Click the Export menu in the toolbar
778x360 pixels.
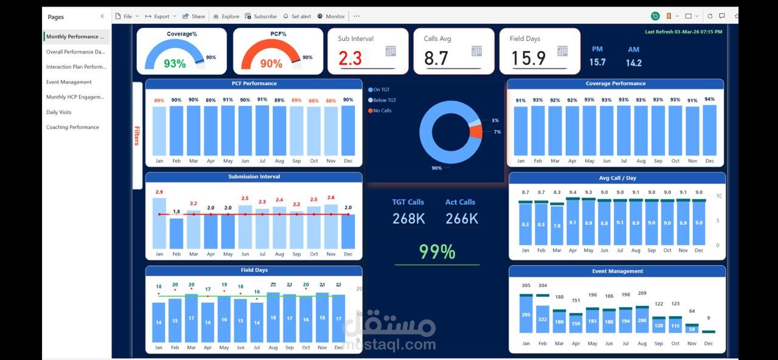click(x=161, y=16)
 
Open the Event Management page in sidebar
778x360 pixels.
click(x=69, y=82)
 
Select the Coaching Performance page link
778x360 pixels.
click(x=72, y=128)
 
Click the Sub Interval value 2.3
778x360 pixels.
click(x=350, y=58)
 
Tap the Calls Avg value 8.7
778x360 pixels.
click(x=436, y=58)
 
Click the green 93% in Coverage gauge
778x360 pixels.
click(x=174, y=63)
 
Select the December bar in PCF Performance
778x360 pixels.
click(x=348, y=131)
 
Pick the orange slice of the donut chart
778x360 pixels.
click(x=477, y=131)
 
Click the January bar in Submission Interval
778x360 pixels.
click(x=159, y=223)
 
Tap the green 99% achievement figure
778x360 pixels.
click(x=437, y=251)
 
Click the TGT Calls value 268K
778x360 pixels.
click(x=408, y=219)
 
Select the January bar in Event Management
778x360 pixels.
click(x=526, y=314)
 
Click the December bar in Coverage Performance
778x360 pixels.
click(x=709, y=131)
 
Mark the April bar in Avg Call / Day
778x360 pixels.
click(x=573, y=223)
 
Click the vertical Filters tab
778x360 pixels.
click(x=137, y=136)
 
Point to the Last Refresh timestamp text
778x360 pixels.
click(x=683, y=32)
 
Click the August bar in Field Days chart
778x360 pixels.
click(x=273, y=317)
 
